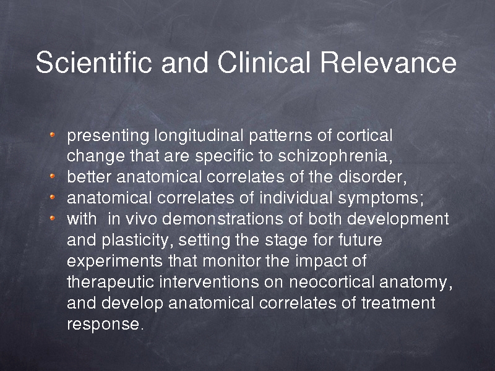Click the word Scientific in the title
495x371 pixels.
(x=94, y=62)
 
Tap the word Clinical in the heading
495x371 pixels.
(x=264, y=62)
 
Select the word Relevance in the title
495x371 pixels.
(x=389, y=62)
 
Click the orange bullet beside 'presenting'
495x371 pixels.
(x=53, y=135)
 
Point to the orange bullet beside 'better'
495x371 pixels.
(x=53, y=176)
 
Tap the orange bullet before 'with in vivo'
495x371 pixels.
(x=53, y=218)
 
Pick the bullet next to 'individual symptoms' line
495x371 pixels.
(x=53, y=197)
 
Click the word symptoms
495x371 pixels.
(x=381, y=198)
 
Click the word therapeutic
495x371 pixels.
(x=111, y=283)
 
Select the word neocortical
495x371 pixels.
(x=332, y=282)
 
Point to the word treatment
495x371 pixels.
(x=398, y=303)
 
